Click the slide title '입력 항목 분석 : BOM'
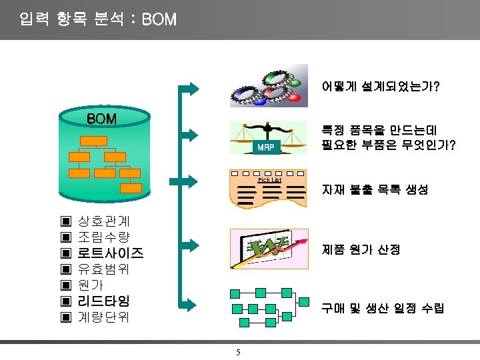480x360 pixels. coord(99,19)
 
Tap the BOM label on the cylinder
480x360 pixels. coord(102,119)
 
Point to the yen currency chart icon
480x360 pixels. coord(269,249)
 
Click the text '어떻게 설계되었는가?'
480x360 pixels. coord(380,87)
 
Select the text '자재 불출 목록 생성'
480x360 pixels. coord(375,190)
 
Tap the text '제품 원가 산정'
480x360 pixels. coord(361,249)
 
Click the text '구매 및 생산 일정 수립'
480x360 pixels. coord(383,308)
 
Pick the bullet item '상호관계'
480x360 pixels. coord(104,221)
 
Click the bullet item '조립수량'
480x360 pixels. coord(104,237)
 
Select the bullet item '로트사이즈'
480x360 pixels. coord(111,253)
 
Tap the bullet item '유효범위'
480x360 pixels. coord(104,269)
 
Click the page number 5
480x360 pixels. coord(238,352)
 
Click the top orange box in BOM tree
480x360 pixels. coord(93,140)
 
